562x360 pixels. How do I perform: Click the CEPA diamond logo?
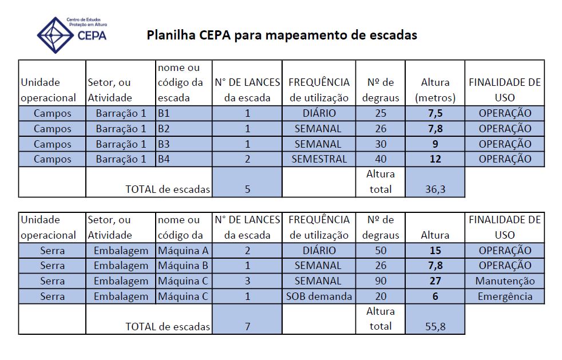pyautogui.click(x=55, y=35)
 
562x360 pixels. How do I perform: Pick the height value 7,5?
pyautogui.click(x=435, y=113)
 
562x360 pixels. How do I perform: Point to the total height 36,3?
pyautogui.click(x=435, y=189)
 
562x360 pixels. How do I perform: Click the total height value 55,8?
pyautogui.click(x=435, y=326)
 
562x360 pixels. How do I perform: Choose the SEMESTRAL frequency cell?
pyautogui.click(x=319, y=159)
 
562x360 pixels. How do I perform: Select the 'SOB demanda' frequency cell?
pyautogui.click(x=319, y=296)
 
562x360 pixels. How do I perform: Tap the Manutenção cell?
pyautogui.click(x=505, y=281)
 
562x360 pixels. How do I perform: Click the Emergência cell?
pyautogui.click(x=505, y=296)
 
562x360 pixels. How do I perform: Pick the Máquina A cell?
pyautogui.click(x=183, y=250)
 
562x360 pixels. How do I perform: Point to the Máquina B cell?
pyautogui.click(x=183, y=266)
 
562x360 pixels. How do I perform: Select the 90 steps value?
pyautogui.click(x=381, y=281)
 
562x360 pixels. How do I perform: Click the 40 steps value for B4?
pyautogui.click(x=381, y=159)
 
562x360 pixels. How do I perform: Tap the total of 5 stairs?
pyautogui.click(x=247, y=189)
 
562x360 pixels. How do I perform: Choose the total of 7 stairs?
pyautogui.click(x=247, y=326)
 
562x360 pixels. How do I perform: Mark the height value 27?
pyautogui.click(x=435, y=281)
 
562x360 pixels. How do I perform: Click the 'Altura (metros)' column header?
pyautogui.click(x=435, y=90)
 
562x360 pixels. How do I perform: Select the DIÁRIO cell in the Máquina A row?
pyautogui.click(x=319, y=250)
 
